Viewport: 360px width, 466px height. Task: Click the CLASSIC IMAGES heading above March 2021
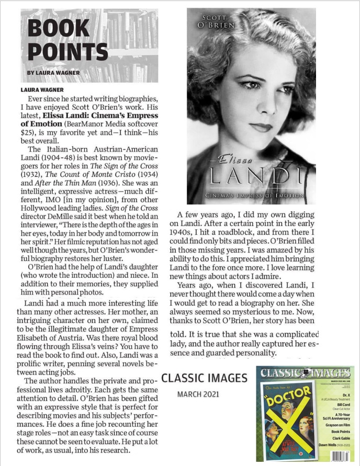[205, 378]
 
